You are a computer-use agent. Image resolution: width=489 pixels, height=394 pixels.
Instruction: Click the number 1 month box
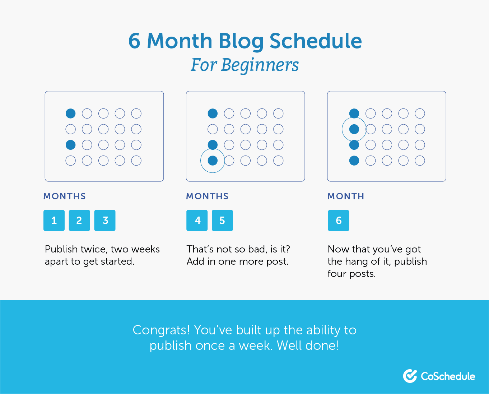click(54, 220)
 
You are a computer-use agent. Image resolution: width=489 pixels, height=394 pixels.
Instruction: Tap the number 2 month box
click(79, 220)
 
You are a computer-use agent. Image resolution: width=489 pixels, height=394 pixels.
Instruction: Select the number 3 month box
click(105, 220)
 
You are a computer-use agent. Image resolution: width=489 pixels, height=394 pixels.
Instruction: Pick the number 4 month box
click(197, 220)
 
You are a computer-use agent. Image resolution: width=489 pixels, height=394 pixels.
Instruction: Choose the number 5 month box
click(222, 220)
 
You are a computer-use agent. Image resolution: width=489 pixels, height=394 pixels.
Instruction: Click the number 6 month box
click(338, 220)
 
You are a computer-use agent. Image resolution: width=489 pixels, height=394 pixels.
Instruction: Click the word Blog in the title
click(241, 42)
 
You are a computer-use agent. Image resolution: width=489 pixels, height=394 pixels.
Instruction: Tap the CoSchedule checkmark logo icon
click(410, 376)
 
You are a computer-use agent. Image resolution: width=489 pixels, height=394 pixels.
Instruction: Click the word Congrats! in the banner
click(161, 330)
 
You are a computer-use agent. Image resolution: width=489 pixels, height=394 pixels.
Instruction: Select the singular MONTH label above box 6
click(346, 196)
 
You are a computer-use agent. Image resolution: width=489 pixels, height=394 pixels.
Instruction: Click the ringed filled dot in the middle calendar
click(213, 161)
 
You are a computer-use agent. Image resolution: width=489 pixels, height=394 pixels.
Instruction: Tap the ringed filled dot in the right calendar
click(354, 129)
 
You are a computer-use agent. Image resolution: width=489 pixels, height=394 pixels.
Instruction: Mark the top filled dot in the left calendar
click(70, 113)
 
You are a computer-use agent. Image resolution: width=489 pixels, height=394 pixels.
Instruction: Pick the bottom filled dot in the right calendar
click(354, 161)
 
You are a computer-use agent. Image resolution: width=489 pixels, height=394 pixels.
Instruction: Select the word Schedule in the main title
click(316, 41)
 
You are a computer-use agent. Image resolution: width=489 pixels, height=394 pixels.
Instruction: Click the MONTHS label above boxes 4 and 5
click(207, 196)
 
